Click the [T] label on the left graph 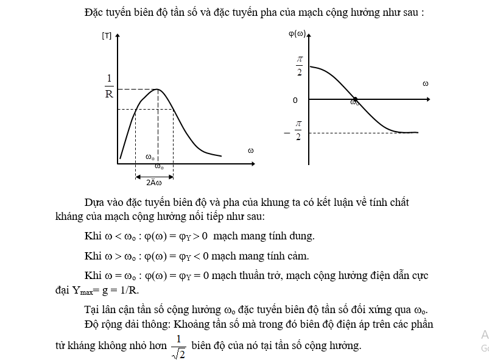coord(107,37)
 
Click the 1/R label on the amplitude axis coord(109,86)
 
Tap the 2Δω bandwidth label coord(153,182)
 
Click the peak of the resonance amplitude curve coord(157,90)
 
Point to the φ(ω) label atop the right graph coord(297,34)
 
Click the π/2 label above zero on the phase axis coord(299,65)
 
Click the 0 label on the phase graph coord(295,100)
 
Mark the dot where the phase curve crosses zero coord(356,99)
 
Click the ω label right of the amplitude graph coord(250,150)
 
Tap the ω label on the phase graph coord(425,83)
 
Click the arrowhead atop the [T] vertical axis coord(118,35)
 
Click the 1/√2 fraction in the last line coord(178,345)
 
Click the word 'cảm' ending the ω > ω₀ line coord(297,256)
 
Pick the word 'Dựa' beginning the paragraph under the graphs coord(95,202)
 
